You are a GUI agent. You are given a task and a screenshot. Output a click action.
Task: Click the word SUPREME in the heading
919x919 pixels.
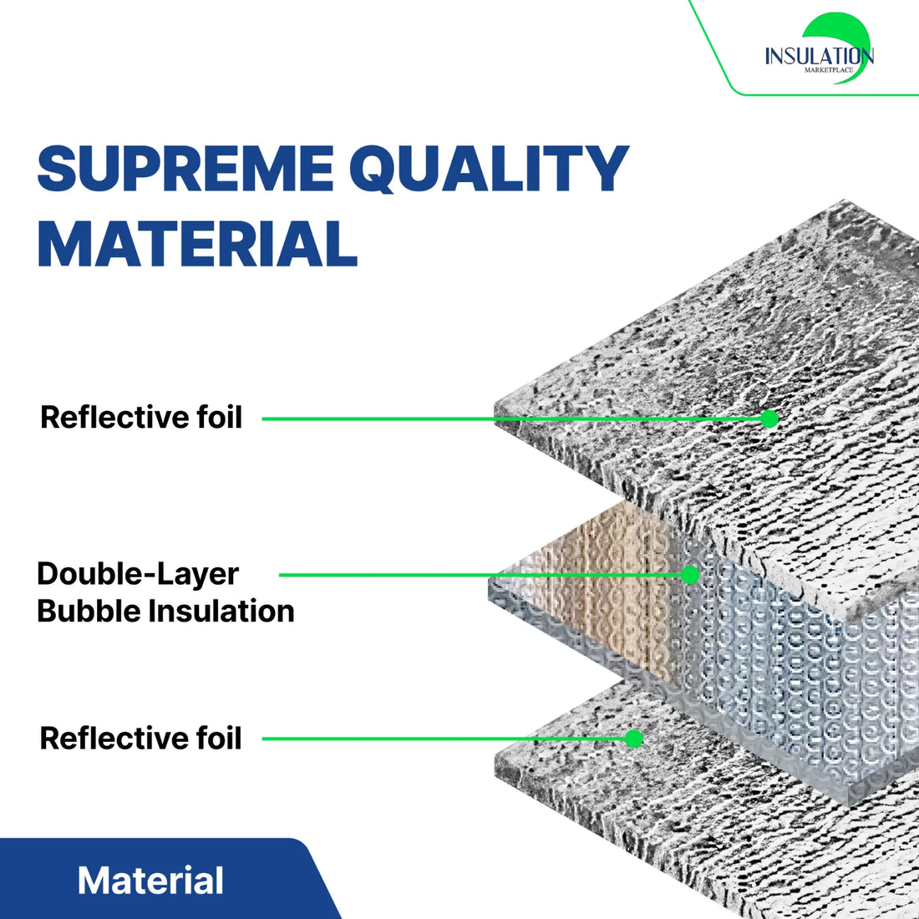[x=185, y=170]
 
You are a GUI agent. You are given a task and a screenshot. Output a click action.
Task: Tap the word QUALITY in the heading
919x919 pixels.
[x=495, y=170]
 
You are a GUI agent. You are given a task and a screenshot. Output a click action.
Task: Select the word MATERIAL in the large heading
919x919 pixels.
[x=198, y=243]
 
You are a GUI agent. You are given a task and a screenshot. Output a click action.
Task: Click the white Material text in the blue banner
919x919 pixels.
[x=150, y=881]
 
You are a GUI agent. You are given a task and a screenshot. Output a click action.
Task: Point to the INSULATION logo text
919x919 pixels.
[x=819, y=56]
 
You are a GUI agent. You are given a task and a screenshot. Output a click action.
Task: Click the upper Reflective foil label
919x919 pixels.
[x=141, y=417]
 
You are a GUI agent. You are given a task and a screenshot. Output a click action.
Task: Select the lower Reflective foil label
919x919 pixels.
[x=140, y=738]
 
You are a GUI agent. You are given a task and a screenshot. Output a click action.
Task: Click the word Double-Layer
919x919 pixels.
[x=138, y=574]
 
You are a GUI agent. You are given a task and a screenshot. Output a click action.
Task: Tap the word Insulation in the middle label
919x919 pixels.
[x=220, y=611]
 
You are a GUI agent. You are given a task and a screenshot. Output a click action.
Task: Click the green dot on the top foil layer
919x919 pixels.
[x=769, y=419]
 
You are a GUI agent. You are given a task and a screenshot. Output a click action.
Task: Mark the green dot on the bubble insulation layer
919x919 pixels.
[x=690, y=575]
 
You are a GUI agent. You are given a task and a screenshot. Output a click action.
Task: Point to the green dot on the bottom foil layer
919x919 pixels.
[x=634, y=739]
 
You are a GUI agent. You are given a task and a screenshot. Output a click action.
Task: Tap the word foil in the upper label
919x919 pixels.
[x=219, y=417]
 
